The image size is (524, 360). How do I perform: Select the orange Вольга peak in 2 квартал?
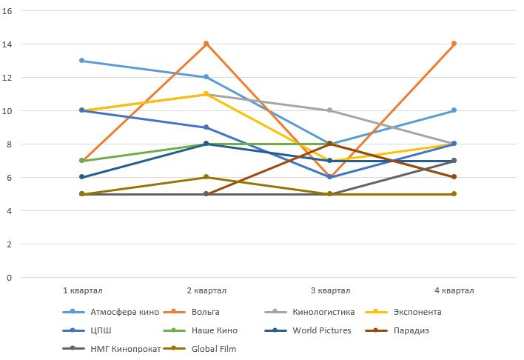point(206,44)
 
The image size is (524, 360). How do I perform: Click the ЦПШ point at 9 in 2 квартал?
point(206,127)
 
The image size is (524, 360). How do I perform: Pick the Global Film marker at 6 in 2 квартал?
point(206,177)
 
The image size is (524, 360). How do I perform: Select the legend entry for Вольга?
point(206,312)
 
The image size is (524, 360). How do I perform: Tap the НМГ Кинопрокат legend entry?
point(124,349)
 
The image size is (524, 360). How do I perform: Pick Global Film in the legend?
point(213,349)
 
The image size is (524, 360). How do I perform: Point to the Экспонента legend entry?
point(416,312)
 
